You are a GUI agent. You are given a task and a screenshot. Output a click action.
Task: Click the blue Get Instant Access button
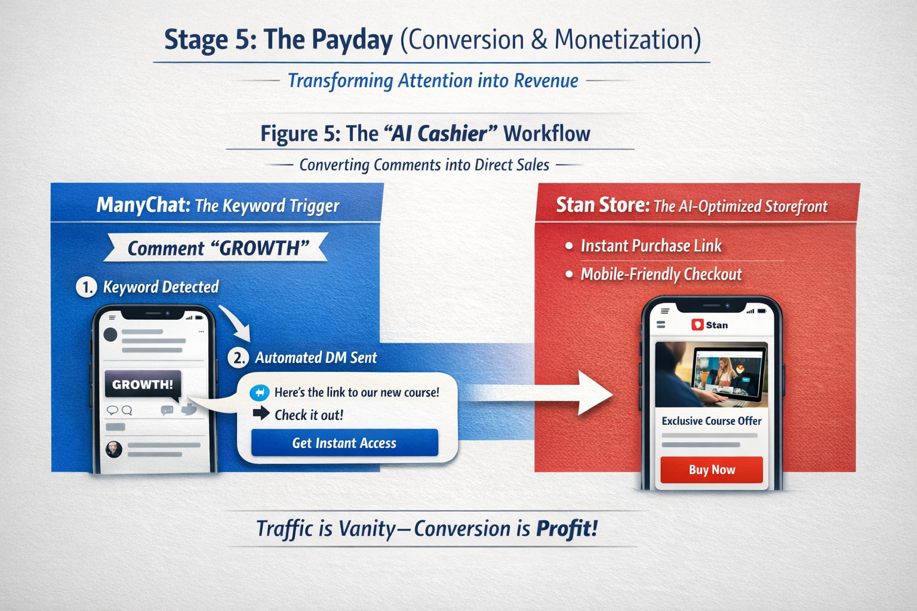coord(344,443)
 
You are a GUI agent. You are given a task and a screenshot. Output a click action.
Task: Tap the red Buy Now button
coord(712,470)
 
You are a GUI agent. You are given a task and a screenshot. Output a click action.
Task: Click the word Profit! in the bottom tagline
coord(567,529)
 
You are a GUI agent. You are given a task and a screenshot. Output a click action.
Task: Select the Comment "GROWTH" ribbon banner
coord(217,248)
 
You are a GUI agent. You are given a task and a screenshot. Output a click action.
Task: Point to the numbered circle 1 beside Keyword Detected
coord(86,287)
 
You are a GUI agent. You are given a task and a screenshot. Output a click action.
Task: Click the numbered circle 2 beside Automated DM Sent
coord(238,358)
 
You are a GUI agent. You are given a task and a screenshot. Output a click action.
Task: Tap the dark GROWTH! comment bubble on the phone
coord(142,384)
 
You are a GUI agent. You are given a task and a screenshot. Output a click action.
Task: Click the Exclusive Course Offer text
coord(711,421)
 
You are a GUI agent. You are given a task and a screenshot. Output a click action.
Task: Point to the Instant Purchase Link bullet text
coord(651,246)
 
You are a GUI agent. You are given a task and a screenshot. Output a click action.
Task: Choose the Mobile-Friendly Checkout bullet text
coord(661,274)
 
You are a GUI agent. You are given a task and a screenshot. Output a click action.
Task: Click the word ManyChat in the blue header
coord(143,205)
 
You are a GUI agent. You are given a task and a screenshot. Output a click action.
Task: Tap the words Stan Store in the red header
coord(602,205)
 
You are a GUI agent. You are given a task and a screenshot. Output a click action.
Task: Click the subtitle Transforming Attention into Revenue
coord(433,81)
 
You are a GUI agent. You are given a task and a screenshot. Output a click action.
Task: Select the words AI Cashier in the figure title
coord(439,134)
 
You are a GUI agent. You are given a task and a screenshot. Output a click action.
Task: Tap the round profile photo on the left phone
coord(114,449)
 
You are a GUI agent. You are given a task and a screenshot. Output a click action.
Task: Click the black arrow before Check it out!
coord(261,413)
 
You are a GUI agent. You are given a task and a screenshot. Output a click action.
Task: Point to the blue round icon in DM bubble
coord(259,392)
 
